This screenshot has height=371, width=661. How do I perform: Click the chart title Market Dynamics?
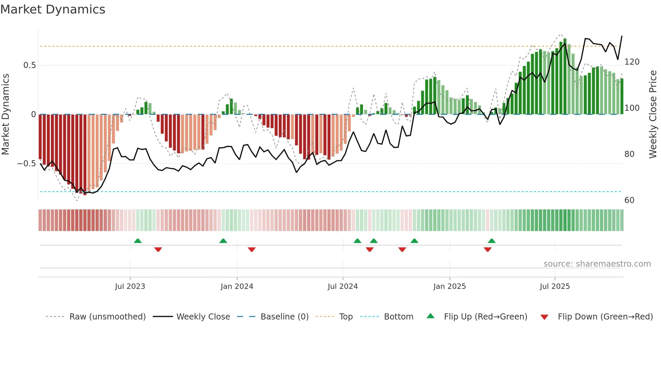point(53,9)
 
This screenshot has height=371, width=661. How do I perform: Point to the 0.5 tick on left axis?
point(30,65)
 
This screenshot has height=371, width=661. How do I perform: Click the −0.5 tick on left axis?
point(27,164)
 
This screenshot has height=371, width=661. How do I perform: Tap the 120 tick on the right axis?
point(632,62)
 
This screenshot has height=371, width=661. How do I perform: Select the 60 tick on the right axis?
point(629,200)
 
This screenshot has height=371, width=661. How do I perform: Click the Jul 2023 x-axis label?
point(130,286)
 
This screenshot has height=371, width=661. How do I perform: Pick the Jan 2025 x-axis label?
point(449,286)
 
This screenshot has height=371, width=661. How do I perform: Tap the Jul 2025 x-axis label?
point(554,286)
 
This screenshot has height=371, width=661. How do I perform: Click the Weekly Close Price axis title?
point(653,114)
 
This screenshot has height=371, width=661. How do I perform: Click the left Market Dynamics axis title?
point(5,114)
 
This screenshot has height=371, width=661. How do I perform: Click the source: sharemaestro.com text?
point(597,264)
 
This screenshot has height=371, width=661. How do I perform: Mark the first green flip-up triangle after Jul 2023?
point(138,241)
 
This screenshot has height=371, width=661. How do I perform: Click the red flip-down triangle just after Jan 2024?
point(252,249)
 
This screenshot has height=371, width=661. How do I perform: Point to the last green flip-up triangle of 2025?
point(492,241)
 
